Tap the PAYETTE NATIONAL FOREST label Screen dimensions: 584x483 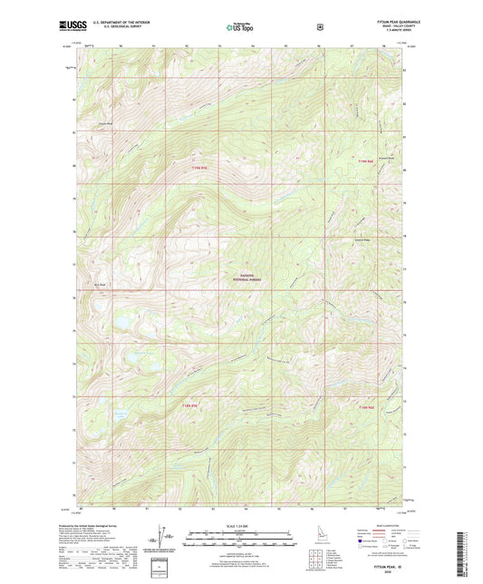(246, 278)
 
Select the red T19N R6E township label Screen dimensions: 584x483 (364, 161)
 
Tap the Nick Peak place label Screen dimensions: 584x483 (102, 284)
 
